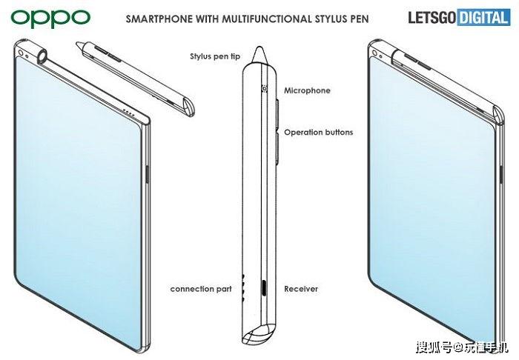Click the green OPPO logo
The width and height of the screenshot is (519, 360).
pyautogui.click(x=50, y=18)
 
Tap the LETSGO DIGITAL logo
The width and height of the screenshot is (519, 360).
pyautogui.click(x=459, y=17)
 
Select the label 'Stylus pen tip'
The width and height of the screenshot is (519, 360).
pyautogui.click(x=215, y=56)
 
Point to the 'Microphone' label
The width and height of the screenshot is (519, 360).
pyautogui.click(x=307, y=90)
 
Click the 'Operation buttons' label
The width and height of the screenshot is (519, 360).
pyautogui.click(x=318, y=133)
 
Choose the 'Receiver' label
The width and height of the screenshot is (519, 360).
pyautogui.click(x=301, y=289)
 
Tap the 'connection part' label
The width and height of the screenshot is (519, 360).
pyautogui.click(x=201, y=289)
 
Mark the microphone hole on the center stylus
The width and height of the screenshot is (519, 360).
pyautogui.click(x=265, y=88)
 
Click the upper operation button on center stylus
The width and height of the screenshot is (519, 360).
pyautogui.click(x=277, y=113)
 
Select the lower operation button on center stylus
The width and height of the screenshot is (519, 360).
pyautogui.click(x=278, y=148)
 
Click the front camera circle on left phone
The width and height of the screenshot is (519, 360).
pyautogui.click(x=21, y=53)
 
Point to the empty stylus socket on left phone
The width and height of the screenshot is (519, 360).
pyautogui.click(x=42, y=56)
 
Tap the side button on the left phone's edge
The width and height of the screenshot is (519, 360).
pyautogui.click(x=148, y=174)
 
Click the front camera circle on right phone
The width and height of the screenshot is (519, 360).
pyautogui.click(x=375, y=53)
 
